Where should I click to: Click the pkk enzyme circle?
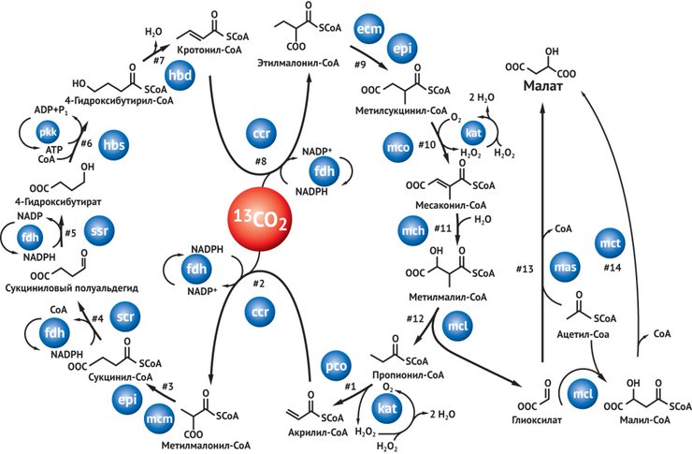[x=50, y=133]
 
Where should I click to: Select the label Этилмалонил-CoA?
[x=296, y=62]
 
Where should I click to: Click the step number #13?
[x=528, y=271]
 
